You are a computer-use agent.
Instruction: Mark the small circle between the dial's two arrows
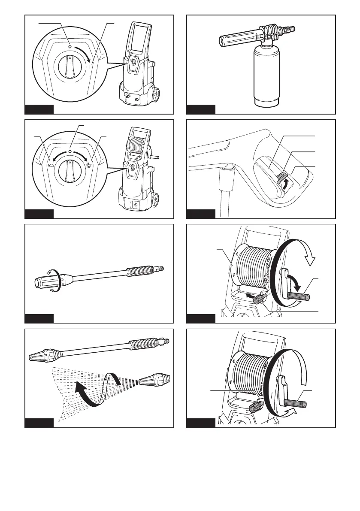[x=70, y=152]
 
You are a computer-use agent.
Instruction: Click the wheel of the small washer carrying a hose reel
[x=154, y=200]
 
